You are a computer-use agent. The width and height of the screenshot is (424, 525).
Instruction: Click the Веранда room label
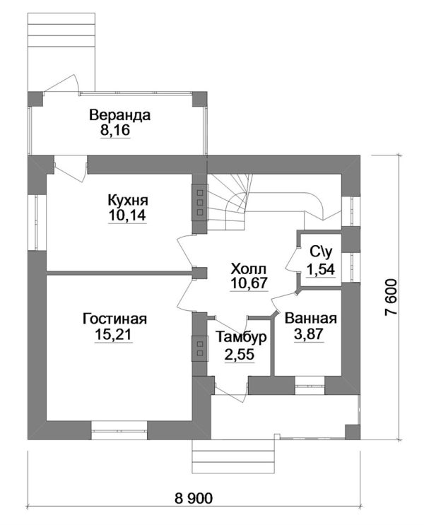click(x=119, y=115)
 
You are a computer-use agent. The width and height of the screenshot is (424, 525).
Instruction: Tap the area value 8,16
click(x=115, y=130)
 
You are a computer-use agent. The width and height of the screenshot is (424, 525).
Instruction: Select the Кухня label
click(x=128, y=201)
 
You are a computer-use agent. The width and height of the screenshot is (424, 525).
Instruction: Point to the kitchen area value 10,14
click(x=127, y=216)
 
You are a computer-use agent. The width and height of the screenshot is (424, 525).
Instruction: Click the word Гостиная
click(x=115, y=319)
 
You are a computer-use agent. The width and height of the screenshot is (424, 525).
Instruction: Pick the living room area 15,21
click(x=114, y=334)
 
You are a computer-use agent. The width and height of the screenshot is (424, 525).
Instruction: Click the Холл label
click(x=249, y=269)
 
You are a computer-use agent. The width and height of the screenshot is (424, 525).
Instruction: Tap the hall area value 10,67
click(x=249, y=283)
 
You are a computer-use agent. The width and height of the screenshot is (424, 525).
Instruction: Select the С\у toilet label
click(x=321, y=252)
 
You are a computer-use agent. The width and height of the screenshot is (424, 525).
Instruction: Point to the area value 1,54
click(x=321, y=269)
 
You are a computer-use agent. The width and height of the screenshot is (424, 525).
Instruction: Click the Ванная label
click(x=310, y=319)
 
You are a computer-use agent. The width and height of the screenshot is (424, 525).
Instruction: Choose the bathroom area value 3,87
click(x=309, y=334)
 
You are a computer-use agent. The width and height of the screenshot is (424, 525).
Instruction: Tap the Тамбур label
click(x=241, y=338)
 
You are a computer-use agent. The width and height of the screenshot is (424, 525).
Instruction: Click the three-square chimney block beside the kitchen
click(x=200, y=203)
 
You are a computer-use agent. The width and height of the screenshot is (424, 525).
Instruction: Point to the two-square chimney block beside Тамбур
click(x=200, y=348)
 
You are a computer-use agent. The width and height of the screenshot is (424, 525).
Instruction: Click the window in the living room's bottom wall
click(x=119, y=430)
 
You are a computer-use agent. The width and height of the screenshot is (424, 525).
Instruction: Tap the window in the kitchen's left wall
click(x=37, y=223)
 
